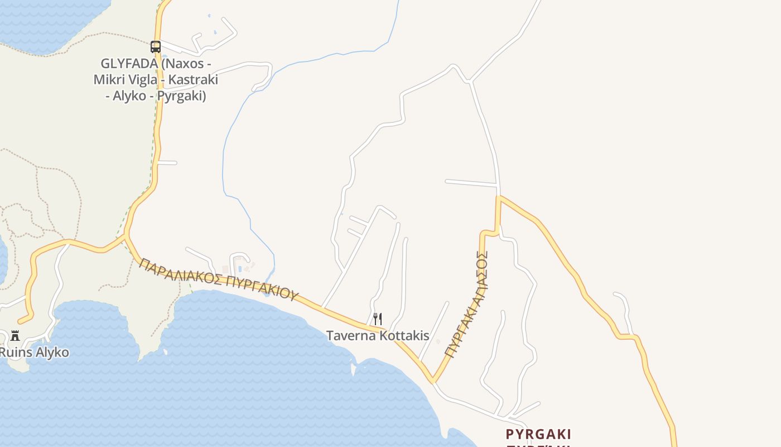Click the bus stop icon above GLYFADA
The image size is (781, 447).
point(156,47)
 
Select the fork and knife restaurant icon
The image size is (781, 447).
point(378,319)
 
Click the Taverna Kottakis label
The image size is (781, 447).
point(378,336)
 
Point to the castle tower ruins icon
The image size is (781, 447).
point(15,336)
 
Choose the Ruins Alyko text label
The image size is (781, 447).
point(33,353)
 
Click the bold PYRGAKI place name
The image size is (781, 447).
point(538,434)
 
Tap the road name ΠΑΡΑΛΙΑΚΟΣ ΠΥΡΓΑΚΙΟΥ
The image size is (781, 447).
point(218,279)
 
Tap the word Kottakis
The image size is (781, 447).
point(404,336)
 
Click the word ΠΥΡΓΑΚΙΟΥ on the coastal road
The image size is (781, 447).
point(263,287)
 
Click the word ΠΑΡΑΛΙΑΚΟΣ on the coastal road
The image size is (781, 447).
point(180,272)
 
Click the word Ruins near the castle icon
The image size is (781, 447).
point(15,353)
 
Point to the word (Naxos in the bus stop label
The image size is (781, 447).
point(179,64)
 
